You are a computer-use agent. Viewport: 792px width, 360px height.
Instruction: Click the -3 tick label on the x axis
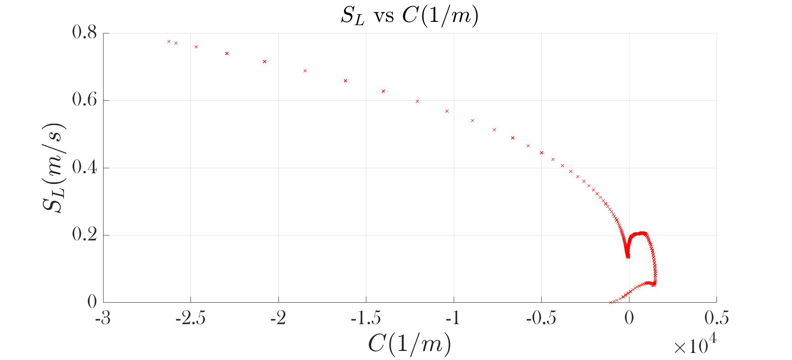tap(103, 319)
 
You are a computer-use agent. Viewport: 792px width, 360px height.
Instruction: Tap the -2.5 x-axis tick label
tap(190, 319)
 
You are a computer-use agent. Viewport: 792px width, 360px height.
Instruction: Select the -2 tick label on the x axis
tap(278, 319)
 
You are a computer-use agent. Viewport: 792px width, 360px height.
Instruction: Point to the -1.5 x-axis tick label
tap(365, 319)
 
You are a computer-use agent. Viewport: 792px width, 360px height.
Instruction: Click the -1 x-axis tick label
tap(453, 319)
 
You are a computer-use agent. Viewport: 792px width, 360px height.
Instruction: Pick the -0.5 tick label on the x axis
tap(541, 319)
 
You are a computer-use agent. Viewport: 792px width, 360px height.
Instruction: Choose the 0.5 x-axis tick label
tap(717, 319)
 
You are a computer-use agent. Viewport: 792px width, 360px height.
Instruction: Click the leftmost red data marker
tap(169, 41)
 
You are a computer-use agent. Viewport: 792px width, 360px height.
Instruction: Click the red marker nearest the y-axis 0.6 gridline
tap(417, 101)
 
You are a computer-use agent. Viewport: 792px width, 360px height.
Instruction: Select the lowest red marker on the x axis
tap(611, 302)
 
